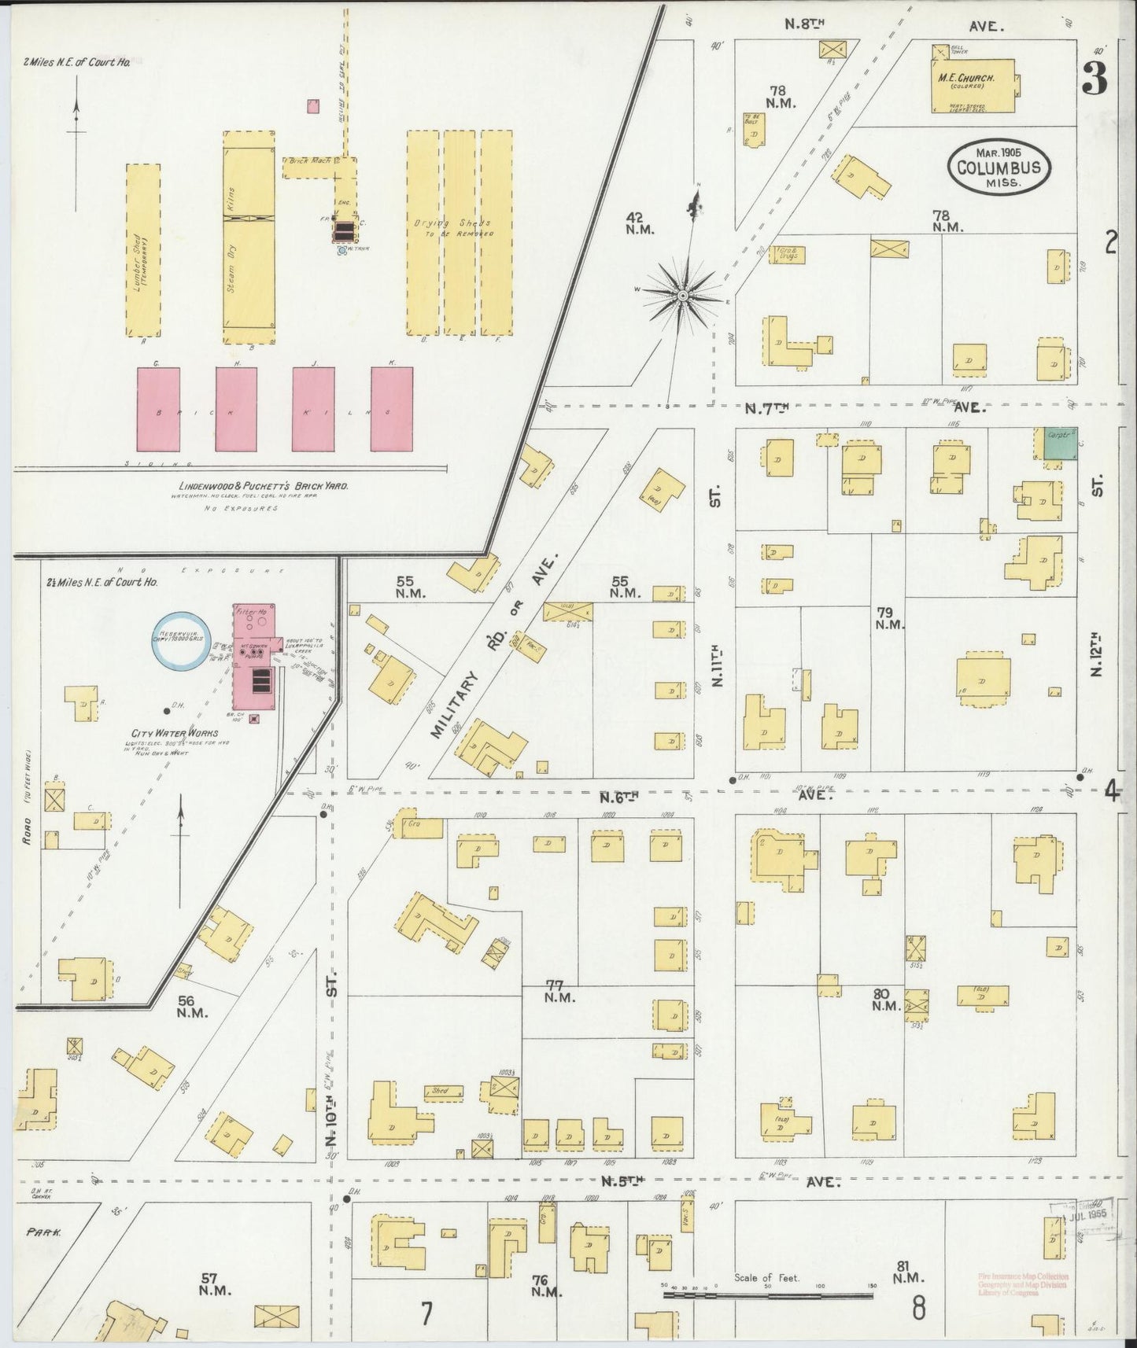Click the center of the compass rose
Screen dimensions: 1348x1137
pyautogui.click(x=683, y=296)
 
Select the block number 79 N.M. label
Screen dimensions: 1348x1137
pyautogui.click(x=889, y=618)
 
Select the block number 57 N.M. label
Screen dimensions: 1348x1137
pyautogui.click(x=213, y=1284)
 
